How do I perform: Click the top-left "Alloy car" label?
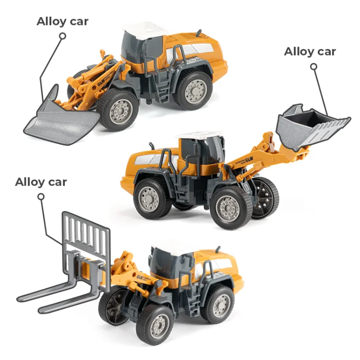pos(63,21)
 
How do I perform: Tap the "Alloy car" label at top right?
pos(310,51)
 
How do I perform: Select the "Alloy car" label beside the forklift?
pos(41,182)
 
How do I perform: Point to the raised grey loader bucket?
pos(312,125)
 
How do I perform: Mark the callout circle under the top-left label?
pos(63,36)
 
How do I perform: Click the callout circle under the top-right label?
pos(314,67)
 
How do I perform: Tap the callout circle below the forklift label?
pos(41,196)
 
